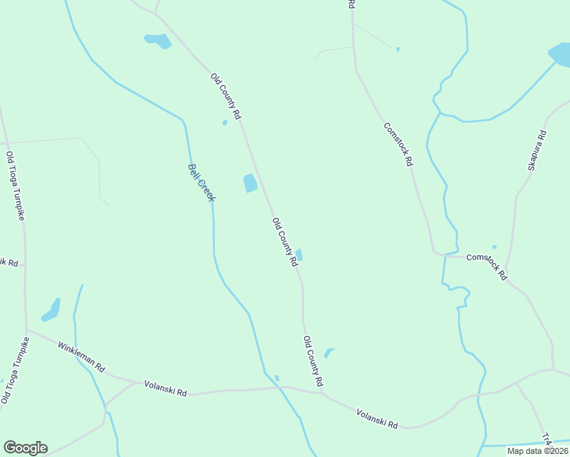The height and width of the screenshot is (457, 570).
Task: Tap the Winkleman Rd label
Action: coord(81,356)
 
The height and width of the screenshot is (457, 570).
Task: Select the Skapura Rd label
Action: coord(536,150)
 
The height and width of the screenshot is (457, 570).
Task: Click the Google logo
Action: coord(25,448)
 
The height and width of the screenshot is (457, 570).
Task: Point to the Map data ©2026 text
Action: coord(536,451)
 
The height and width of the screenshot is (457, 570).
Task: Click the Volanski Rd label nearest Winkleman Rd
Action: coord(165,388)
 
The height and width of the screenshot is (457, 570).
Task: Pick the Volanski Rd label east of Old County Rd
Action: coord(377,418)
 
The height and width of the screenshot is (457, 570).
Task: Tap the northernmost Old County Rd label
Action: coord(226,96)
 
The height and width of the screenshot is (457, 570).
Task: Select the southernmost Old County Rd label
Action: coord(314,360)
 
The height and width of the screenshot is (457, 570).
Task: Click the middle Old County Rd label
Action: coord(285,241)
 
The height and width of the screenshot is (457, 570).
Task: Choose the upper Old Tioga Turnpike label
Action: coord(16,187)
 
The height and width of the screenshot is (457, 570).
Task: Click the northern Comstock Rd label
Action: coord(399,145)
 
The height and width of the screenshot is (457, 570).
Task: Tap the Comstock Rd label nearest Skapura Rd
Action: coord(487,267)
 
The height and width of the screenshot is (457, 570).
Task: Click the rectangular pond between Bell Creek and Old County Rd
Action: coord(250,184)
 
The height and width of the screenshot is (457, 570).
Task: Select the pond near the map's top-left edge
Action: coord(158,40)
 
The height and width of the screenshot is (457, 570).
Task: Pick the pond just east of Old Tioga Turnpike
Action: coord(52,309)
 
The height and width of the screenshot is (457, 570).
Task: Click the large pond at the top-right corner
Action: coord(559,56)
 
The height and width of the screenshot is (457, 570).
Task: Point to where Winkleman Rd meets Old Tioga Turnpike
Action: coord(27,331)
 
